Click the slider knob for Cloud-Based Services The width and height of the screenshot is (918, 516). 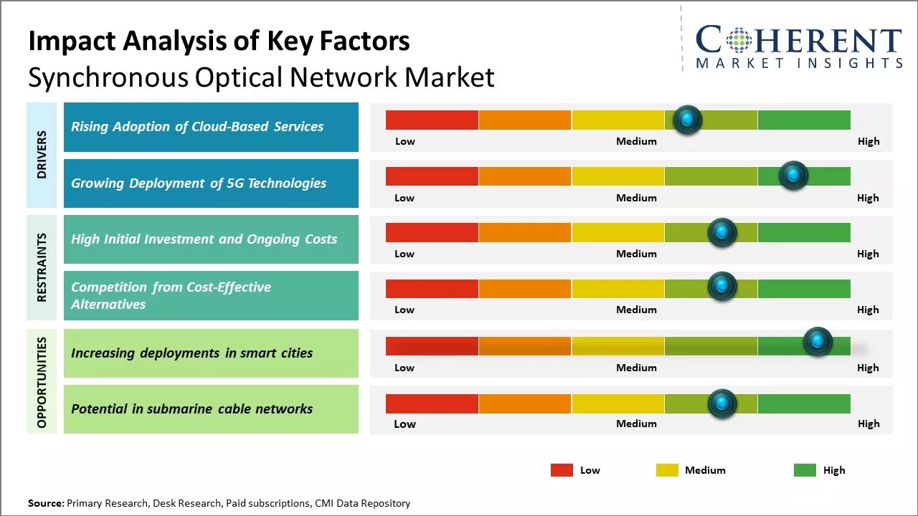pyautogui.click(x=688, y=120)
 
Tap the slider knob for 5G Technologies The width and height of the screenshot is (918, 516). pyautogui.click(x=793, y=176)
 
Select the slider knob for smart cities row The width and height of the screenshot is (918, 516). pyautogui.click(x=817, y=342)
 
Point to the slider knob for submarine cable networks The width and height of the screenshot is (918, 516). pyautogui.click(x=722, y=403)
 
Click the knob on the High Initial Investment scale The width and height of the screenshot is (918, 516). pyautogui.click(x=722, y=232)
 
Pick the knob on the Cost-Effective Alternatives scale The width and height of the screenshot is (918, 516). pyautogui.click(x=722, y=286)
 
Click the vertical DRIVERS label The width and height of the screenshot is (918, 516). pyautogui.click(x=42, y=155)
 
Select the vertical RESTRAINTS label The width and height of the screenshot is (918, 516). pyautogui.click(x=42, y=267)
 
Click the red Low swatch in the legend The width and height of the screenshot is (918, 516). pyautogui.click(x=562, y=470)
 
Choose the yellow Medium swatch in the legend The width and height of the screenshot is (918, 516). pyautogui.click(x=667, y=470)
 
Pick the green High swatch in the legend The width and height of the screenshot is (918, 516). pyautogui.click(x=805, y=470)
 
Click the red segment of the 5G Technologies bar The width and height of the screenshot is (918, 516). pyautogui.click(x=432, y=176)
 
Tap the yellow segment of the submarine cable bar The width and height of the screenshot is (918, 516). pyautogui.click(x=617, y=404)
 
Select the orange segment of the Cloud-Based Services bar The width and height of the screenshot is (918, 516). pyautogui.click(x=524, y=120)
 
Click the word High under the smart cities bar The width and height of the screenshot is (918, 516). pyautogui.click(x=868, y=368)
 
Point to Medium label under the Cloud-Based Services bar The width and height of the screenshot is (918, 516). pyautogui.click(x=636, y=141)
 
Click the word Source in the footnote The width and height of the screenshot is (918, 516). pyautogui.click(x=46, y=503)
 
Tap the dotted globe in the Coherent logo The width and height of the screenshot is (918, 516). pyautogui.click(x=738, y=39)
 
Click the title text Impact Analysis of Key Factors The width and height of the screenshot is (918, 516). pyautogui.click(x=219, y=42)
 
